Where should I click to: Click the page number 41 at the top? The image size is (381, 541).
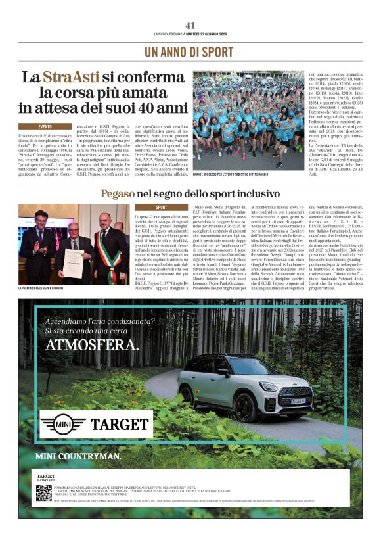coord(190,24)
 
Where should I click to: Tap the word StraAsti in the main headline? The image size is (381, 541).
coord(71,77)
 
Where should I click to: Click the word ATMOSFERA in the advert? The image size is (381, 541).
coord(92,345)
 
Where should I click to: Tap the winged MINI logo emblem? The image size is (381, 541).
coord(62,424)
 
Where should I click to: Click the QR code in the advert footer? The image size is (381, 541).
coord(43,492)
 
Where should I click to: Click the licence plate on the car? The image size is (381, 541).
coord(298,400)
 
